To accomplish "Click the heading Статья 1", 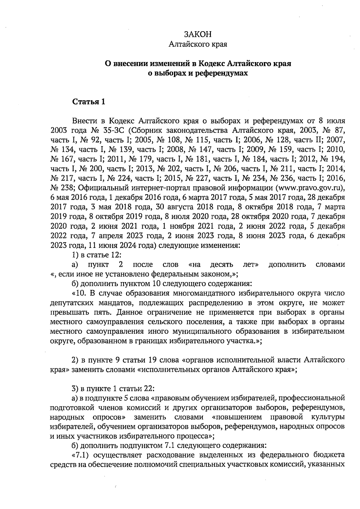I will [89, 102].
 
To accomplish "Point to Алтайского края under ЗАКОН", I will [198, 45].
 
